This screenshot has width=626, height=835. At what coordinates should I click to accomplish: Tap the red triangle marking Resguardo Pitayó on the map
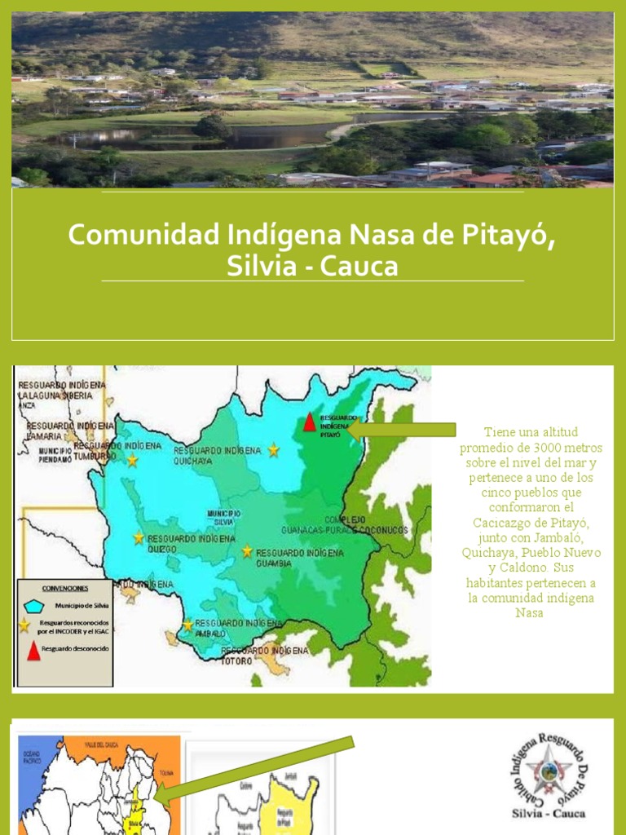pyautogui.click(x=309, y=422)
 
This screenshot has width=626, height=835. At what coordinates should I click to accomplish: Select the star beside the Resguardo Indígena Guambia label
pyautogui.click(x=247, y=551)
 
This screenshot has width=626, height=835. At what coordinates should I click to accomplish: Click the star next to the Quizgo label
pyautogui.click(x=139, y=538)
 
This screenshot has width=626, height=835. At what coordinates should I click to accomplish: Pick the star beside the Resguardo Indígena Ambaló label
pyautogui.click(x=187, y=625)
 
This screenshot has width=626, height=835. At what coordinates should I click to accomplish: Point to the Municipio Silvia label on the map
pyautogui.click(x=223, y=517)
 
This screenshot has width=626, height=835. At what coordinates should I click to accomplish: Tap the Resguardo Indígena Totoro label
pyautogui.click(x=265, y=655)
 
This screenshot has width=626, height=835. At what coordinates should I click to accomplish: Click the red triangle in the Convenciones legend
pyautogui.click(x=33, y=650)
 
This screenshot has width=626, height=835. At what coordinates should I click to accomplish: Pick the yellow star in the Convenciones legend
pyautogui.click(x=24, y=625)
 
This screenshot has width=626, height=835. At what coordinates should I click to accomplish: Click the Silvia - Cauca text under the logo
pyautogui.click(x=548, y=812)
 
